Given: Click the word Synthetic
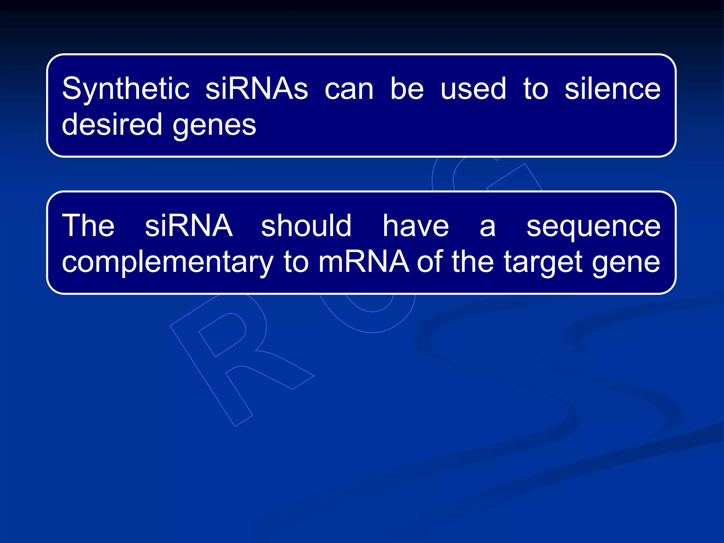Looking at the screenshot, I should (x=125, y=89).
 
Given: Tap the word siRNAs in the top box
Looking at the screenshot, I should (x=257, y=88).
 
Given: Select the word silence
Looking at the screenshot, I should (x=612, y=88).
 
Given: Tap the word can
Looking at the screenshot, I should (x=349, y=89).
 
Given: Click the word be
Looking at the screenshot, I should (x=407, y=88).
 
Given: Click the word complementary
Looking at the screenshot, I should (x=168, y=262).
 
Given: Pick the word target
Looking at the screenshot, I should (x=543, y=262).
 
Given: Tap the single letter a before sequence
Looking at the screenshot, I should (x=488, y=226).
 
